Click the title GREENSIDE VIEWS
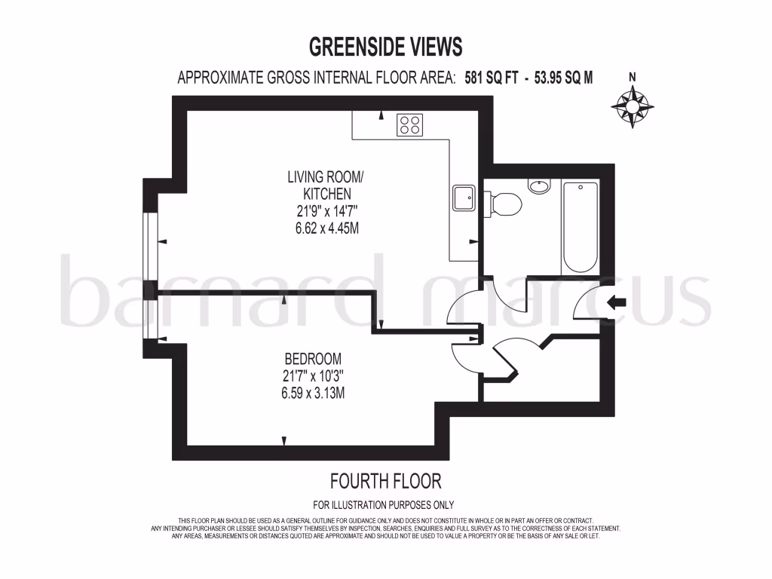point(385,47)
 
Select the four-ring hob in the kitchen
point(411,124)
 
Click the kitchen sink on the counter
point(462,198)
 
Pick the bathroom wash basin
point(540,186)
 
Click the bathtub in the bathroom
point(581,228)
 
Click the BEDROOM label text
point(313,358)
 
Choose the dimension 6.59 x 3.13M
point(313,393)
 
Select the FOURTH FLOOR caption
point(385,480)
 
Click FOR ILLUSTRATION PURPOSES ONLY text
point(384,505)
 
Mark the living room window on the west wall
point(151,241)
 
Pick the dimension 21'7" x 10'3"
point(313,375)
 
